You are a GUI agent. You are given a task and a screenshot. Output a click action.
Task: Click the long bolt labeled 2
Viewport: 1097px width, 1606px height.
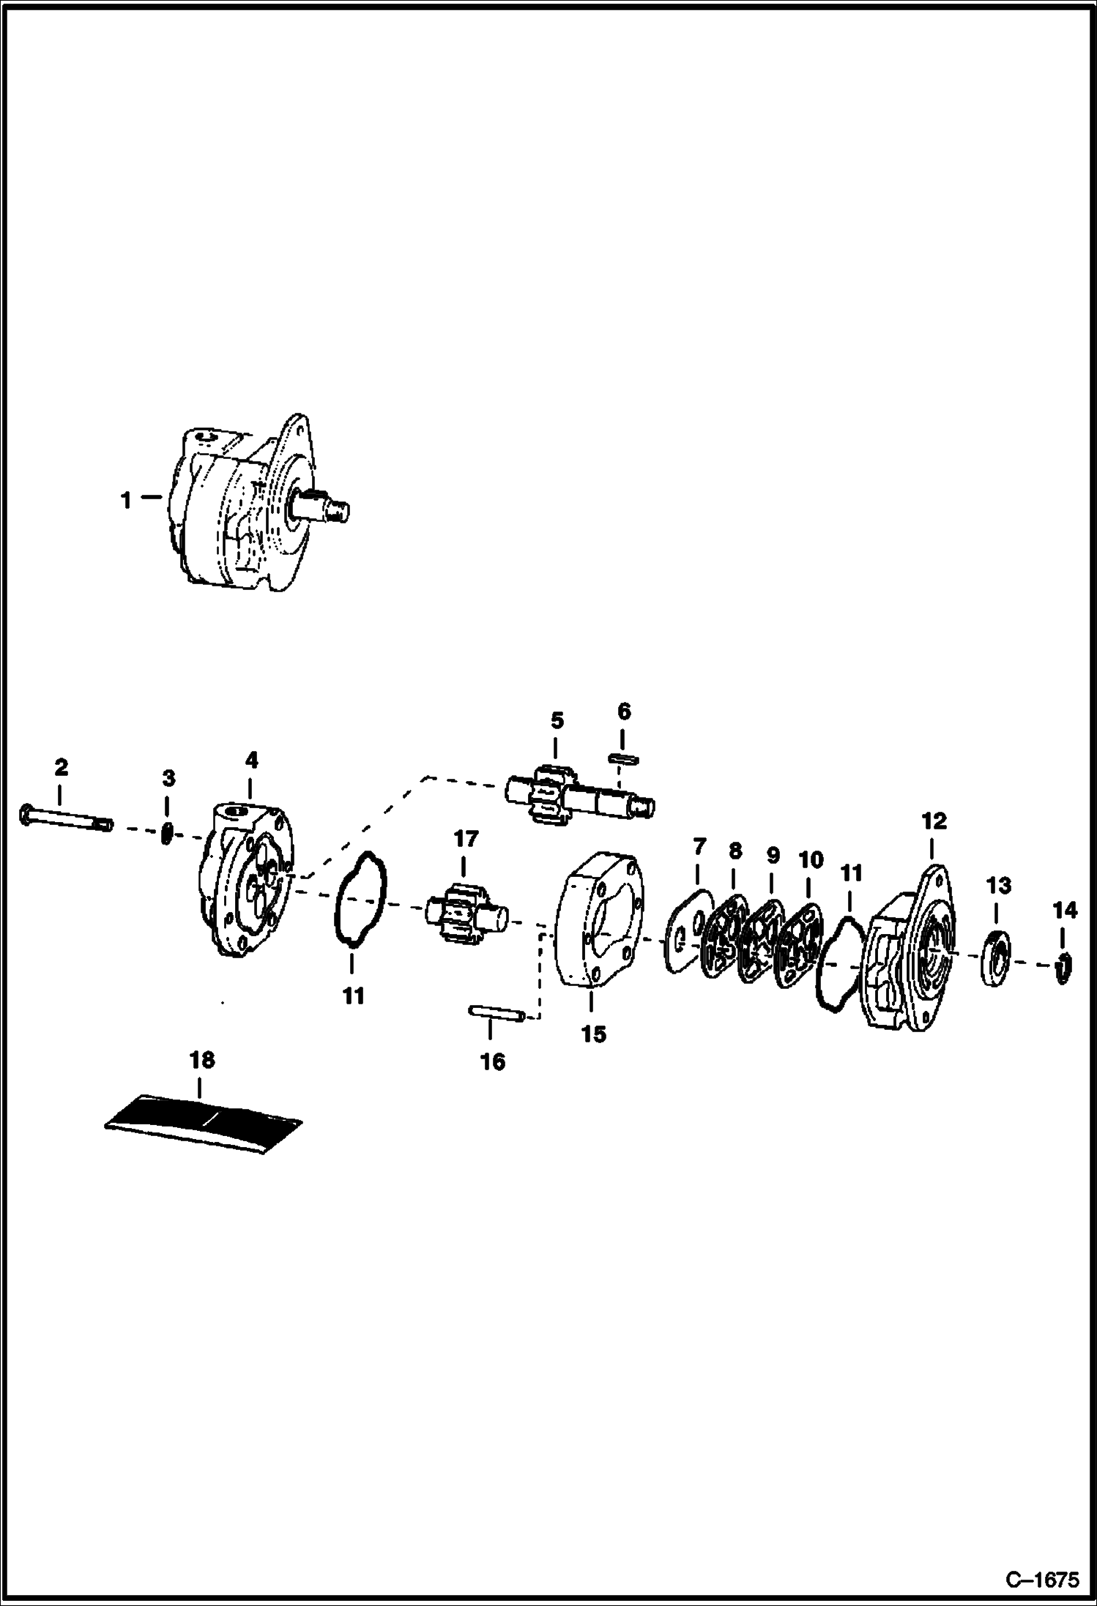pos(64,818)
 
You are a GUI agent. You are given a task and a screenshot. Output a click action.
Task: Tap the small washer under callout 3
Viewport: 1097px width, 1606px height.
pos(167,834)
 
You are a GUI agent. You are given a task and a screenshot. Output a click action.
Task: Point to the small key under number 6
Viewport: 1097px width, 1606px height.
pos(623,759)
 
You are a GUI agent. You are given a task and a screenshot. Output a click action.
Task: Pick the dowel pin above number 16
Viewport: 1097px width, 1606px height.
pos(495,1015)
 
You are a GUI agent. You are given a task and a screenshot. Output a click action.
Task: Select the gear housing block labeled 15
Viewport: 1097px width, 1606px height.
pos(598,922)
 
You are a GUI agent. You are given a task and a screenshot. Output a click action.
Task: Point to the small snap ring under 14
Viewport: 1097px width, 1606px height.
pos(1063,968)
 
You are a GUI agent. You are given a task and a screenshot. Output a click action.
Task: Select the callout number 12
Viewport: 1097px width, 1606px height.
pos(934,821)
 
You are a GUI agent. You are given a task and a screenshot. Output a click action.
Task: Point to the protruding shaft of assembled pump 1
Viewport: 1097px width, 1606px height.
pos(327,507)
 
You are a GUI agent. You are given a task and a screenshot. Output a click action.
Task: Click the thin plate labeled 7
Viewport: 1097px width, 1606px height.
pos(688,930)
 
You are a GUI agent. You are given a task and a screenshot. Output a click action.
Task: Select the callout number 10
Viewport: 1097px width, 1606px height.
pos(810,860)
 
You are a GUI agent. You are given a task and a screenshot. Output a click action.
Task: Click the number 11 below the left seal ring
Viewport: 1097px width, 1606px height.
pos(353,997)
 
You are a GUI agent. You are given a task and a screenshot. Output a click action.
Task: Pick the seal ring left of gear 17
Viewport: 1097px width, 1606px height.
pos(359,900)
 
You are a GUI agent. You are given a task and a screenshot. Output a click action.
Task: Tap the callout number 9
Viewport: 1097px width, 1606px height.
pos(773,855)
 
